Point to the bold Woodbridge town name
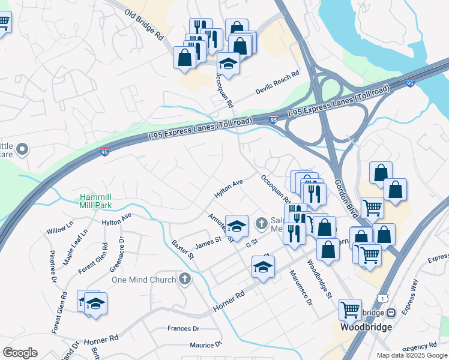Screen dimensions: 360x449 pyautogui.click(x=366, y=327)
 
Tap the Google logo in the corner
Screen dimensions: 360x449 pyautogui.click(x=20, y=352)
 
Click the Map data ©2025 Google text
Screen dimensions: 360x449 pyautogui.click(x=411, y=355)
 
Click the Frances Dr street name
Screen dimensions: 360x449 pyautogui.click(x=183, y=329)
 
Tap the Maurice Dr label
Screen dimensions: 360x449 pyautogui.click(x=205, y=345)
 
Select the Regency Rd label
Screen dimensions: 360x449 pyautogui.click(x=420, y=347)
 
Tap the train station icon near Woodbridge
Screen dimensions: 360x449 pyautogui.click(x=391, y=313)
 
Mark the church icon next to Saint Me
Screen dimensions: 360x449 pyautogui.click(x=261, y=224)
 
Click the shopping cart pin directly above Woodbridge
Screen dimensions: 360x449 pyautogui.click(x=350, y=310)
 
